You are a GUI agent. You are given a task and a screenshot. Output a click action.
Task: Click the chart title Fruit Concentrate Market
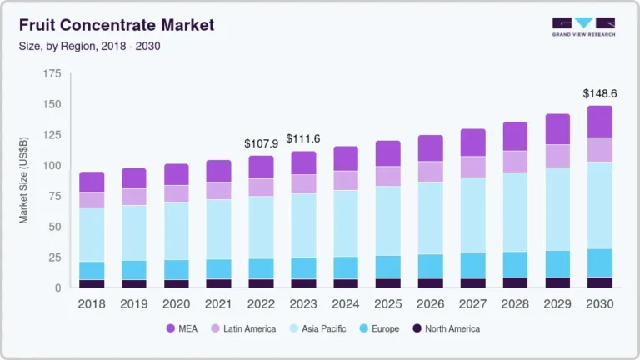(117, 25)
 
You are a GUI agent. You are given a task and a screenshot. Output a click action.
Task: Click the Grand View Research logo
(582, 27)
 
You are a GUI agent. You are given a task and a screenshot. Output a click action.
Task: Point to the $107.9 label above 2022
(261, 143)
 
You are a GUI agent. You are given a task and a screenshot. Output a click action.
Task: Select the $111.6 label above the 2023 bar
(303, 138)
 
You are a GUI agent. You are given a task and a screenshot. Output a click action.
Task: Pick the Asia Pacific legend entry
(322, 328)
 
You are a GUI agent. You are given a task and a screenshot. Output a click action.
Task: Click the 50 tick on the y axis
(54, 227)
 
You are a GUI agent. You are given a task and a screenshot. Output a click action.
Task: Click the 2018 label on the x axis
(92, 304)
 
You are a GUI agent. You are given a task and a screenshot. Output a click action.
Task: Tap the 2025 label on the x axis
(387, 304)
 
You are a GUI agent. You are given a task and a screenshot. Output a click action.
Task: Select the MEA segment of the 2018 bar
(92, 182)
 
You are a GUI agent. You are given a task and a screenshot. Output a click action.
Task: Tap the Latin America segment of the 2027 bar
(472, 167)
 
